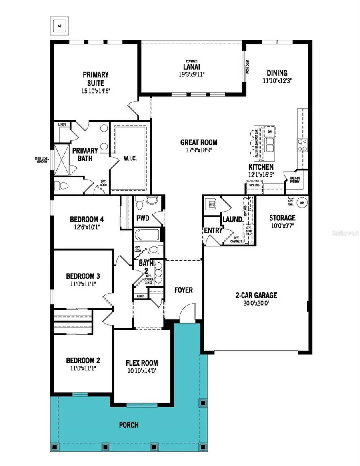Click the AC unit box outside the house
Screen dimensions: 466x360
pyautogui.click(x=60, y=26)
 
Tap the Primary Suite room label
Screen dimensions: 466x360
pyautogui.click(x=96, y=79)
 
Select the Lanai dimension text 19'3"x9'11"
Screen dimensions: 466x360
pyautogui.click(x=192, y=74)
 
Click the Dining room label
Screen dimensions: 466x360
pyautogui.click(x=277, y=73)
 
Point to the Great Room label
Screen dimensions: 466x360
pyautogui.click(x=198, y=142)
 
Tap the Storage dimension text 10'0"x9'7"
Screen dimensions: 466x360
pyautogui.click(x=282, y=225)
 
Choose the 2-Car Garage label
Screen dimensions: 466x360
pyautogui.click(x=256, y=296)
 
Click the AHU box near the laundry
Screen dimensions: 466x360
pyautogui.click(x=212, y=204)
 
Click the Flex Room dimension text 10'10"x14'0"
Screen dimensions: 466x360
pyautogui.click(x=142, y=371)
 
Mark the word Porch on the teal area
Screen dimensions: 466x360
pyautogui.click(x=129, y=425)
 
